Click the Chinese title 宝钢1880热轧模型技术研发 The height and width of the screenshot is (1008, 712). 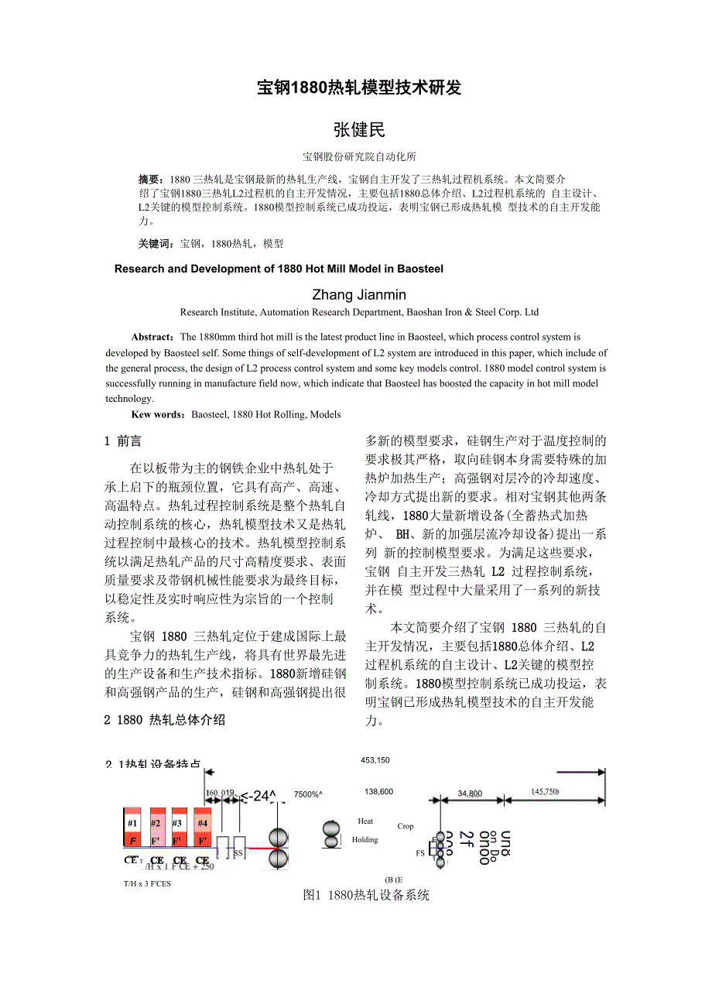pos(358,87)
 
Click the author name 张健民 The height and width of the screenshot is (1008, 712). pos(358,130)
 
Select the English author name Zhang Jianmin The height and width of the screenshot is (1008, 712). pos(358,295)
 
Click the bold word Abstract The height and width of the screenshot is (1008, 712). pos(152,338)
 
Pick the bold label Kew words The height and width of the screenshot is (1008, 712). pos(158,415)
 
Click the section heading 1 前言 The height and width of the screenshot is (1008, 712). pos(123,441)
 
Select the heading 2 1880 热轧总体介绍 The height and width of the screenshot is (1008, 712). pos(165,720)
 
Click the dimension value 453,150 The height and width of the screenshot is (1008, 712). pos(375,760)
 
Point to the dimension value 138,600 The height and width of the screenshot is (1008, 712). pos(378,792)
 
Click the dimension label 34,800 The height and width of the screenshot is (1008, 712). pos(470,794)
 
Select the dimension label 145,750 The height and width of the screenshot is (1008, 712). pos(545,791)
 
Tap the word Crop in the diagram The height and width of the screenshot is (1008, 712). pos(406,826)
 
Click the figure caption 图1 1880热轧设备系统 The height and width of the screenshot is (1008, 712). pos(367,896)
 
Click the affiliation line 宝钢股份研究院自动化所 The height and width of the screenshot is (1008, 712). pos(358,156)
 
